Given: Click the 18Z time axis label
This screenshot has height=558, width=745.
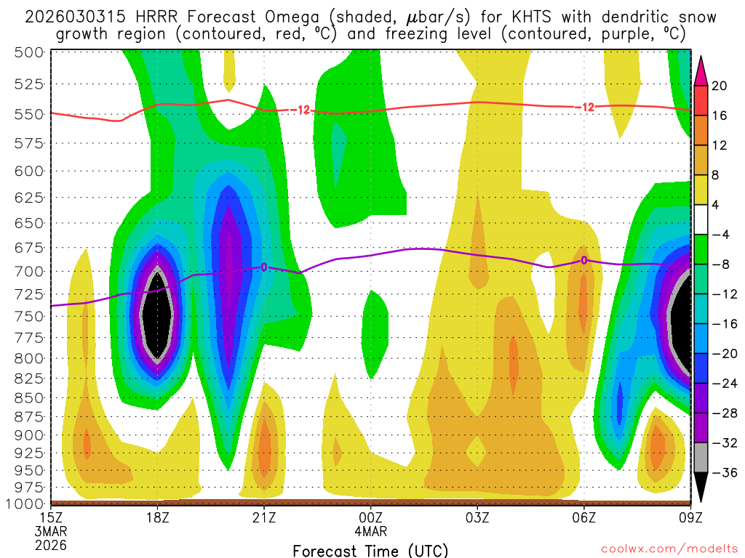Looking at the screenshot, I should coord(158,517).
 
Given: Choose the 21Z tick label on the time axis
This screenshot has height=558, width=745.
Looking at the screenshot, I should coord(264,517).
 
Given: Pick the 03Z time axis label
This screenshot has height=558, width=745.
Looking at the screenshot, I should coord(477,517).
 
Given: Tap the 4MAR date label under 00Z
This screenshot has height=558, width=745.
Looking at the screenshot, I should coord(370,531).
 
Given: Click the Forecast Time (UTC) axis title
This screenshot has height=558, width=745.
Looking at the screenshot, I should coord(370,550).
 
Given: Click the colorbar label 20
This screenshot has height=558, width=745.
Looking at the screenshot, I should coord(720,86).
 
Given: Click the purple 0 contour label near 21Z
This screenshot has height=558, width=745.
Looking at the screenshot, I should coord(264,267).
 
